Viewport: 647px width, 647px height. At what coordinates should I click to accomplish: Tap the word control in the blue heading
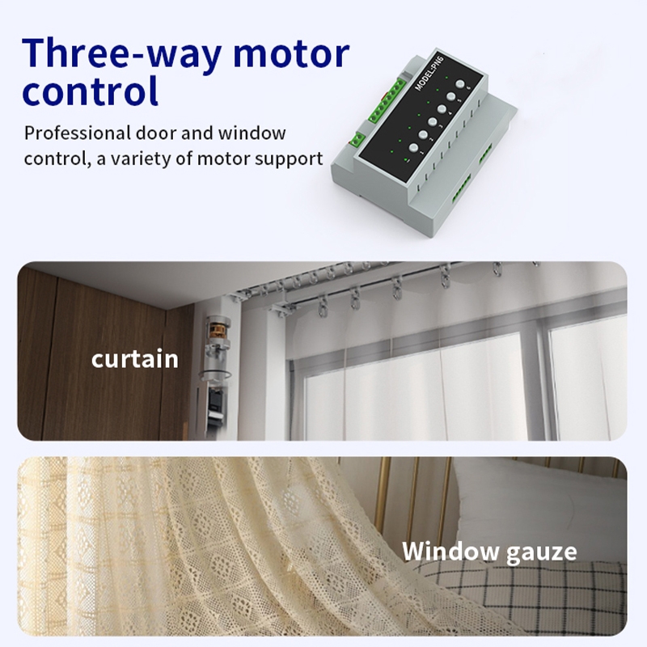coord(90,91)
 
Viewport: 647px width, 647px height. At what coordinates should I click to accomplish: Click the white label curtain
coord(135,359)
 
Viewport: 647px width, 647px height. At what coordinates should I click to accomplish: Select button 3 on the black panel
coord(433,122)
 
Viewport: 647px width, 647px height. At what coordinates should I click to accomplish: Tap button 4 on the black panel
coord(442,109)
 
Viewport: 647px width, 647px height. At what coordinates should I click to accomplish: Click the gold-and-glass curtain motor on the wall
coord(216,347)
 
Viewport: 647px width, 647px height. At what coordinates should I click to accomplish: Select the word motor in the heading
coord(291,53)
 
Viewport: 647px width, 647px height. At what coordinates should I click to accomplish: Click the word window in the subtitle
coord(252,133)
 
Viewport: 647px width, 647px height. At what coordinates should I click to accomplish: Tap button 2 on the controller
coord(423,134)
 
